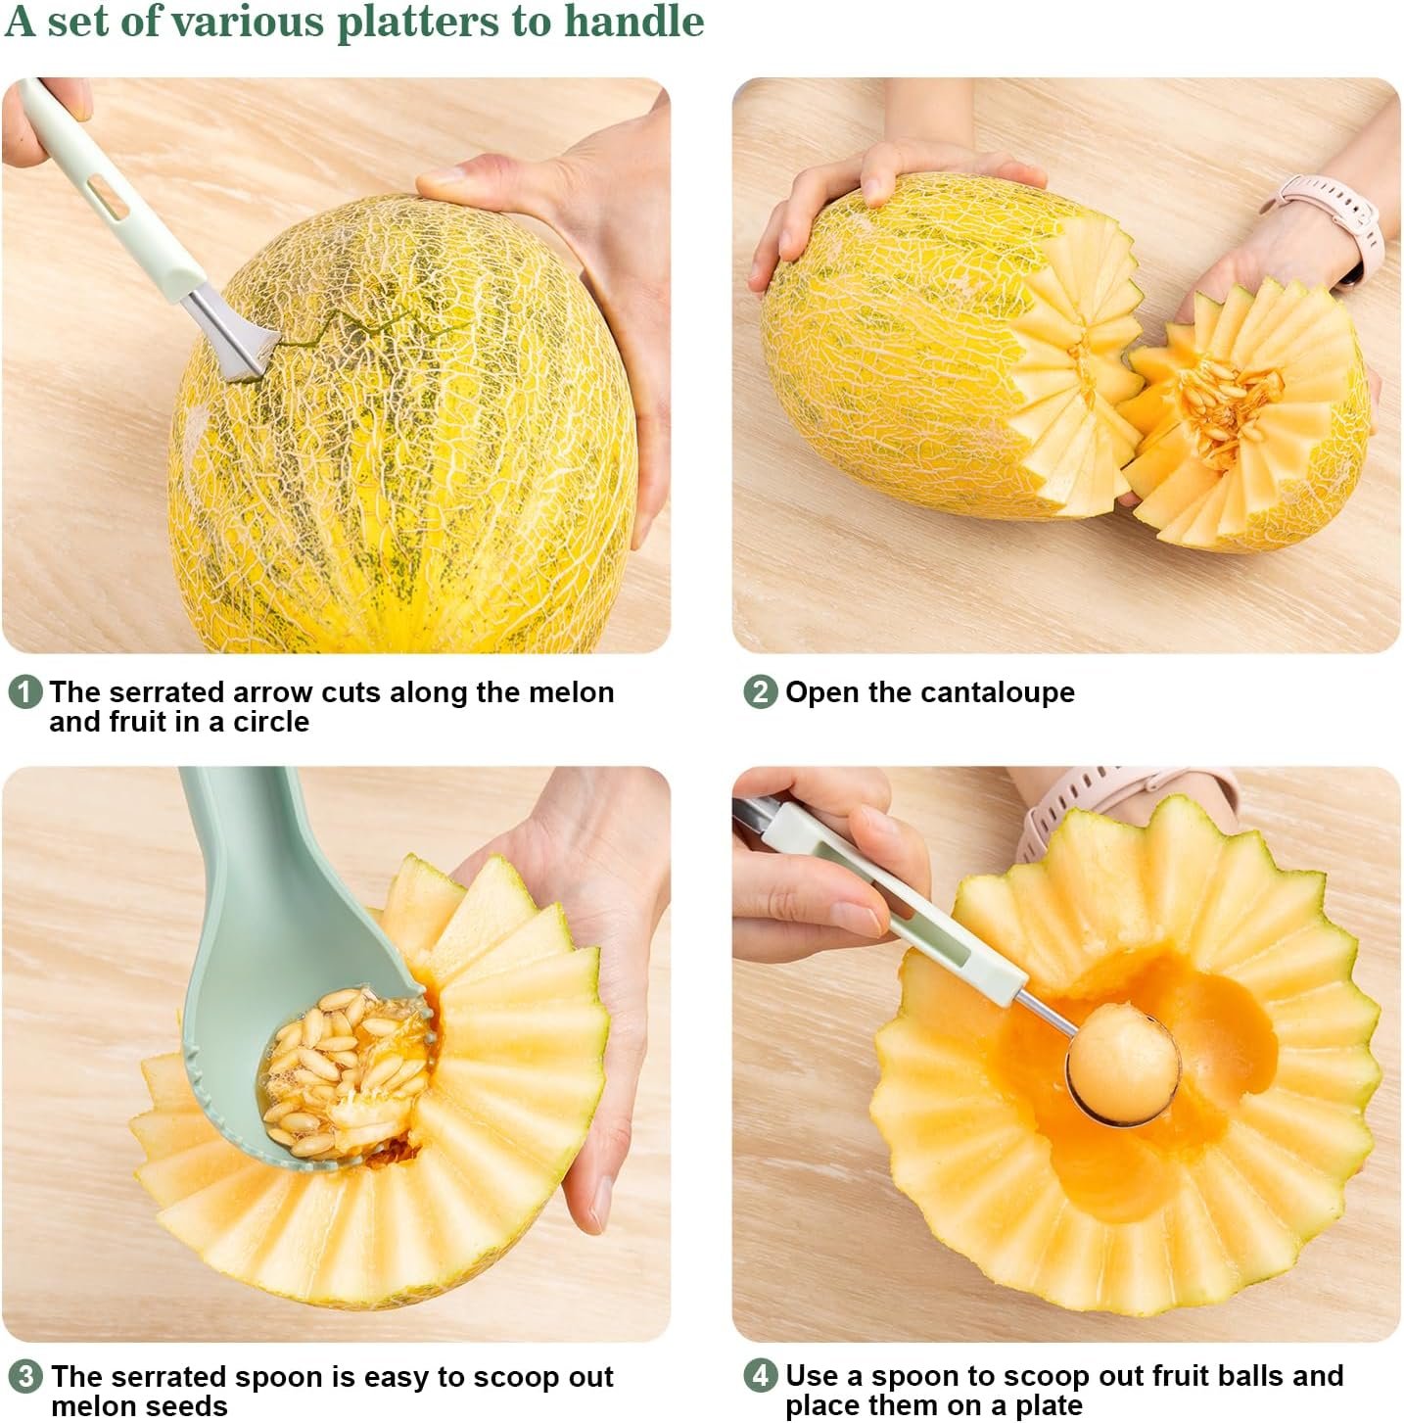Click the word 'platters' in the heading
tap(418, 24)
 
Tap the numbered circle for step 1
tap(25, 692)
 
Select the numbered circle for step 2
tap(761, 692)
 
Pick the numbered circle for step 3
tap(25, 1377)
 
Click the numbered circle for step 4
tap(761, 1376)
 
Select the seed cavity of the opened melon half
tap(1226, 409)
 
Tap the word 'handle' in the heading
tap(633, 23)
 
